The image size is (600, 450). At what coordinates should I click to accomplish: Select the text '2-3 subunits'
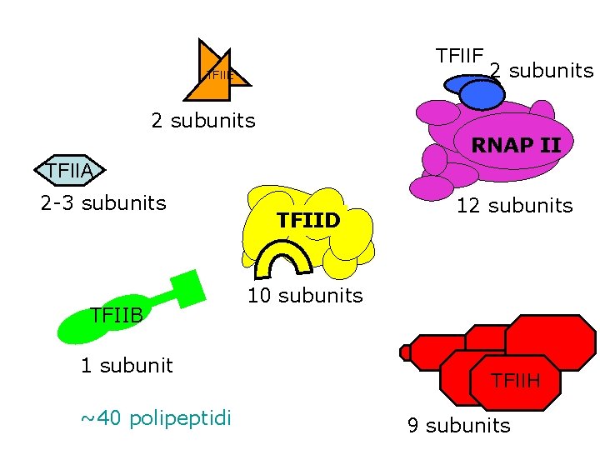click(x=103, y=202)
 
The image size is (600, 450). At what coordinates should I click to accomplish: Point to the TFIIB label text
click(x=117, y=314)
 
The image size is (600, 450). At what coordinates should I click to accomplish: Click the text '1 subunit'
click(x=127, y=365)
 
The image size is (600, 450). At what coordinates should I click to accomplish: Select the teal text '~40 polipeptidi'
click(x=156, y=417)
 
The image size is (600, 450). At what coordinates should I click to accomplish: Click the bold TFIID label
click(x=307, y=221)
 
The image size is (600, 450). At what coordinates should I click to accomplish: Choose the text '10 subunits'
click(x=305, y=296)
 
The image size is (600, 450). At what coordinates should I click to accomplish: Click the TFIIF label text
click(x=459, y=56)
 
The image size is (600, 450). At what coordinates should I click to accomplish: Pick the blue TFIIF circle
click(x=482, y=94)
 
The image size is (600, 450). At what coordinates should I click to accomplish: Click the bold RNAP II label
click(x=515, y=145)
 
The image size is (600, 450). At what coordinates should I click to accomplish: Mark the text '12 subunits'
click(x=514, y=205)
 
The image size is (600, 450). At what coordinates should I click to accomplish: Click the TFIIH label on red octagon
click(x=515, y=381)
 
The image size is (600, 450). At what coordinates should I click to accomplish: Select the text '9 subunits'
click(x=458, y=426)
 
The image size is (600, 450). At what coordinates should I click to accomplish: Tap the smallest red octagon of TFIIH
click(x=406, y=352)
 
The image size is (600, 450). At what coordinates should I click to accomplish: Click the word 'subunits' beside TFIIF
click(x=551, y=70)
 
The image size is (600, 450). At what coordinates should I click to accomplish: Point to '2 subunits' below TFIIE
click(x=203, y=120)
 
